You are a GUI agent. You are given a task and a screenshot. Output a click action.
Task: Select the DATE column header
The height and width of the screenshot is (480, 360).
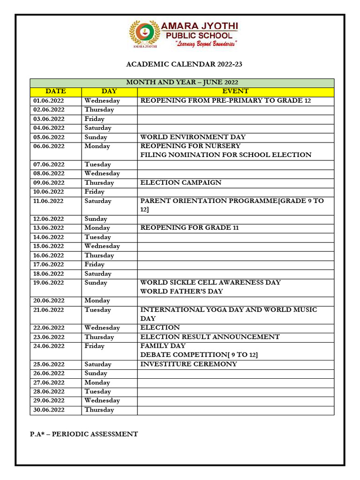pos(56,91)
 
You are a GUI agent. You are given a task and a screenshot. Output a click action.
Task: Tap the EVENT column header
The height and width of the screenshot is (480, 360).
pos(235,91)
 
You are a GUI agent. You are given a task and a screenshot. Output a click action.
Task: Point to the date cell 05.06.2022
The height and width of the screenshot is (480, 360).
pos(49,137)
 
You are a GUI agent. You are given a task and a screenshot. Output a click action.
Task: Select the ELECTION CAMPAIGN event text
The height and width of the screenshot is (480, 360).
pos(181,183)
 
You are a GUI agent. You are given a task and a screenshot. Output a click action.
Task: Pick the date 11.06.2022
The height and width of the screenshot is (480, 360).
pos(49,201)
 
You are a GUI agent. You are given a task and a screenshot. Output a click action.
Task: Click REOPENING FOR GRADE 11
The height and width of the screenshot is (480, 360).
pos(190,228)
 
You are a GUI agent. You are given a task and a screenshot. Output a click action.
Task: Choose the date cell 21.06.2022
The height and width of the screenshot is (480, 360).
pos(49,310)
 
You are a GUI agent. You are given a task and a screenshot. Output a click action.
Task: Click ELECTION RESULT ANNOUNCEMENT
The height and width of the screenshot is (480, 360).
pos(210,337)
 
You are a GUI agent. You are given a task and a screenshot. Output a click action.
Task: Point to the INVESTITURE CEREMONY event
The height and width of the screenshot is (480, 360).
pos(189,364)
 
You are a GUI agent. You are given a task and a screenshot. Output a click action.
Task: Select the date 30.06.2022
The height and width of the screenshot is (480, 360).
pos(49,410)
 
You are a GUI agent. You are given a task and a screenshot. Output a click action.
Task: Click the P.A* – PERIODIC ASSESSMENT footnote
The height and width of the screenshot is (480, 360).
pos(84,434)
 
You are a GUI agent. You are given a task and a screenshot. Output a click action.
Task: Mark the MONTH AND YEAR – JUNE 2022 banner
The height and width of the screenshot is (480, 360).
pos(182,82)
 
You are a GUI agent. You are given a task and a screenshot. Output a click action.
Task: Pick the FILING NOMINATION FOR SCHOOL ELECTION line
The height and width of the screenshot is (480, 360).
pos(226,155)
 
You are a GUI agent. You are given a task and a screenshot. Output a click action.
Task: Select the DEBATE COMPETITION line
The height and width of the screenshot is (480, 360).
pos(199,355)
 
